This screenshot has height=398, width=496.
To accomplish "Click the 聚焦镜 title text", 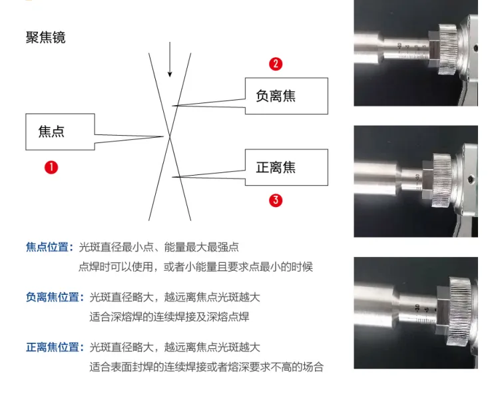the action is coord(45,38).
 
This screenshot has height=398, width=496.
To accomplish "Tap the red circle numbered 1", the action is coord(51,167).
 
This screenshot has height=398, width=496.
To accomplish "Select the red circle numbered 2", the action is coord(276,64).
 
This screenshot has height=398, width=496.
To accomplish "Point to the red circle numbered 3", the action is coord(276,200).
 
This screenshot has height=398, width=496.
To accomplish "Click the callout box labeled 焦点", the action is coord(60,132).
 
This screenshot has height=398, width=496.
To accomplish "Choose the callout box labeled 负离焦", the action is coord(286,96).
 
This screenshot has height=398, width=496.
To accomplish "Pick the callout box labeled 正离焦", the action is coord(286,167).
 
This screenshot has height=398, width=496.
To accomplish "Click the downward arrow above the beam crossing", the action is coord(170,59).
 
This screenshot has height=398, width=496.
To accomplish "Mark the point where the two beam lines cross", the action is coord(170,136).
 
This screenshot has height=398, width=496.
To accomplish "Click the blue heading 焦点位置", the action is coord(50,247).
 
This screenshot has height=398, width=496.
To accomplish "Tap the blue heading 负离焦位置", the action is coord(55,297).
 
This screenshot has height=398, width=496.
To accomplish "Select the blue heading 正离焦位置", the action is coord(55,347).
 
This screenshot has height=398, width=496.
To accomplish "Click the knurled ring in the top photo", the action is coord(447,49).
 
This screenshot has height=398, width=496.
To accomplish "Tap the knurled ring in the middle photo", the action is coord(443,180).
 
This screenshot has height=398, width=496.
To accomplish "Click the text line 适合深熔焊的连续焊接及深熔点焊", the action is coord(169,317).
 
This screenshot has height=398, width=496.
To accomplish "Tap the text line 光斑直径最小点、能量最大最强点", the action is coord(159,247).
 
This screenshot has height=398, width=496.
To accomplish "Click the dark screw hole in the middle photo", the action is coord(471,179).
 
